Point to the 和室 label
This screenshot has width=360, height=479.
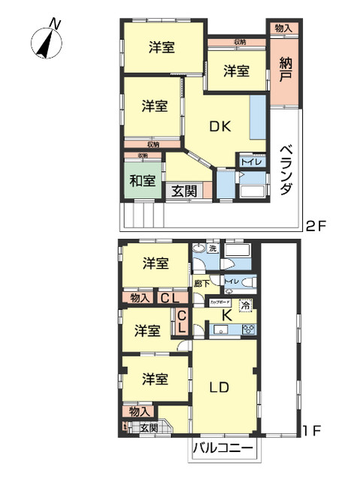point(142,181)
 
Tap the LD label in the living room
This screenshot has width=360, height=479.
point(219,387)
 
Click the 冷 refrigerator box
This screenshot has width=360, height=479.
point(244,306)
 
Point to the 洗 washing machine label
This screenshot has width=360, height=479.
point(213,249)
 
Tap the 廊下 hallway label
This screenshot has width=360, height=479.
point(201,283)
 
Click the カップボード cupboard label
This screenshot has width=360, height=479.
point(219,299)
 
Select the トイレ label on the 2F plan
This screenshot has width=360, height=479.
point(250,160)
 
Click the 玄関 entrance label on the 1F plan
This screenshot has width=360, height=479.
point(149,428)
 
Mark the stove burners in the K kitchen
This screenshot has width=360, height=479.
point(249,328)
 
